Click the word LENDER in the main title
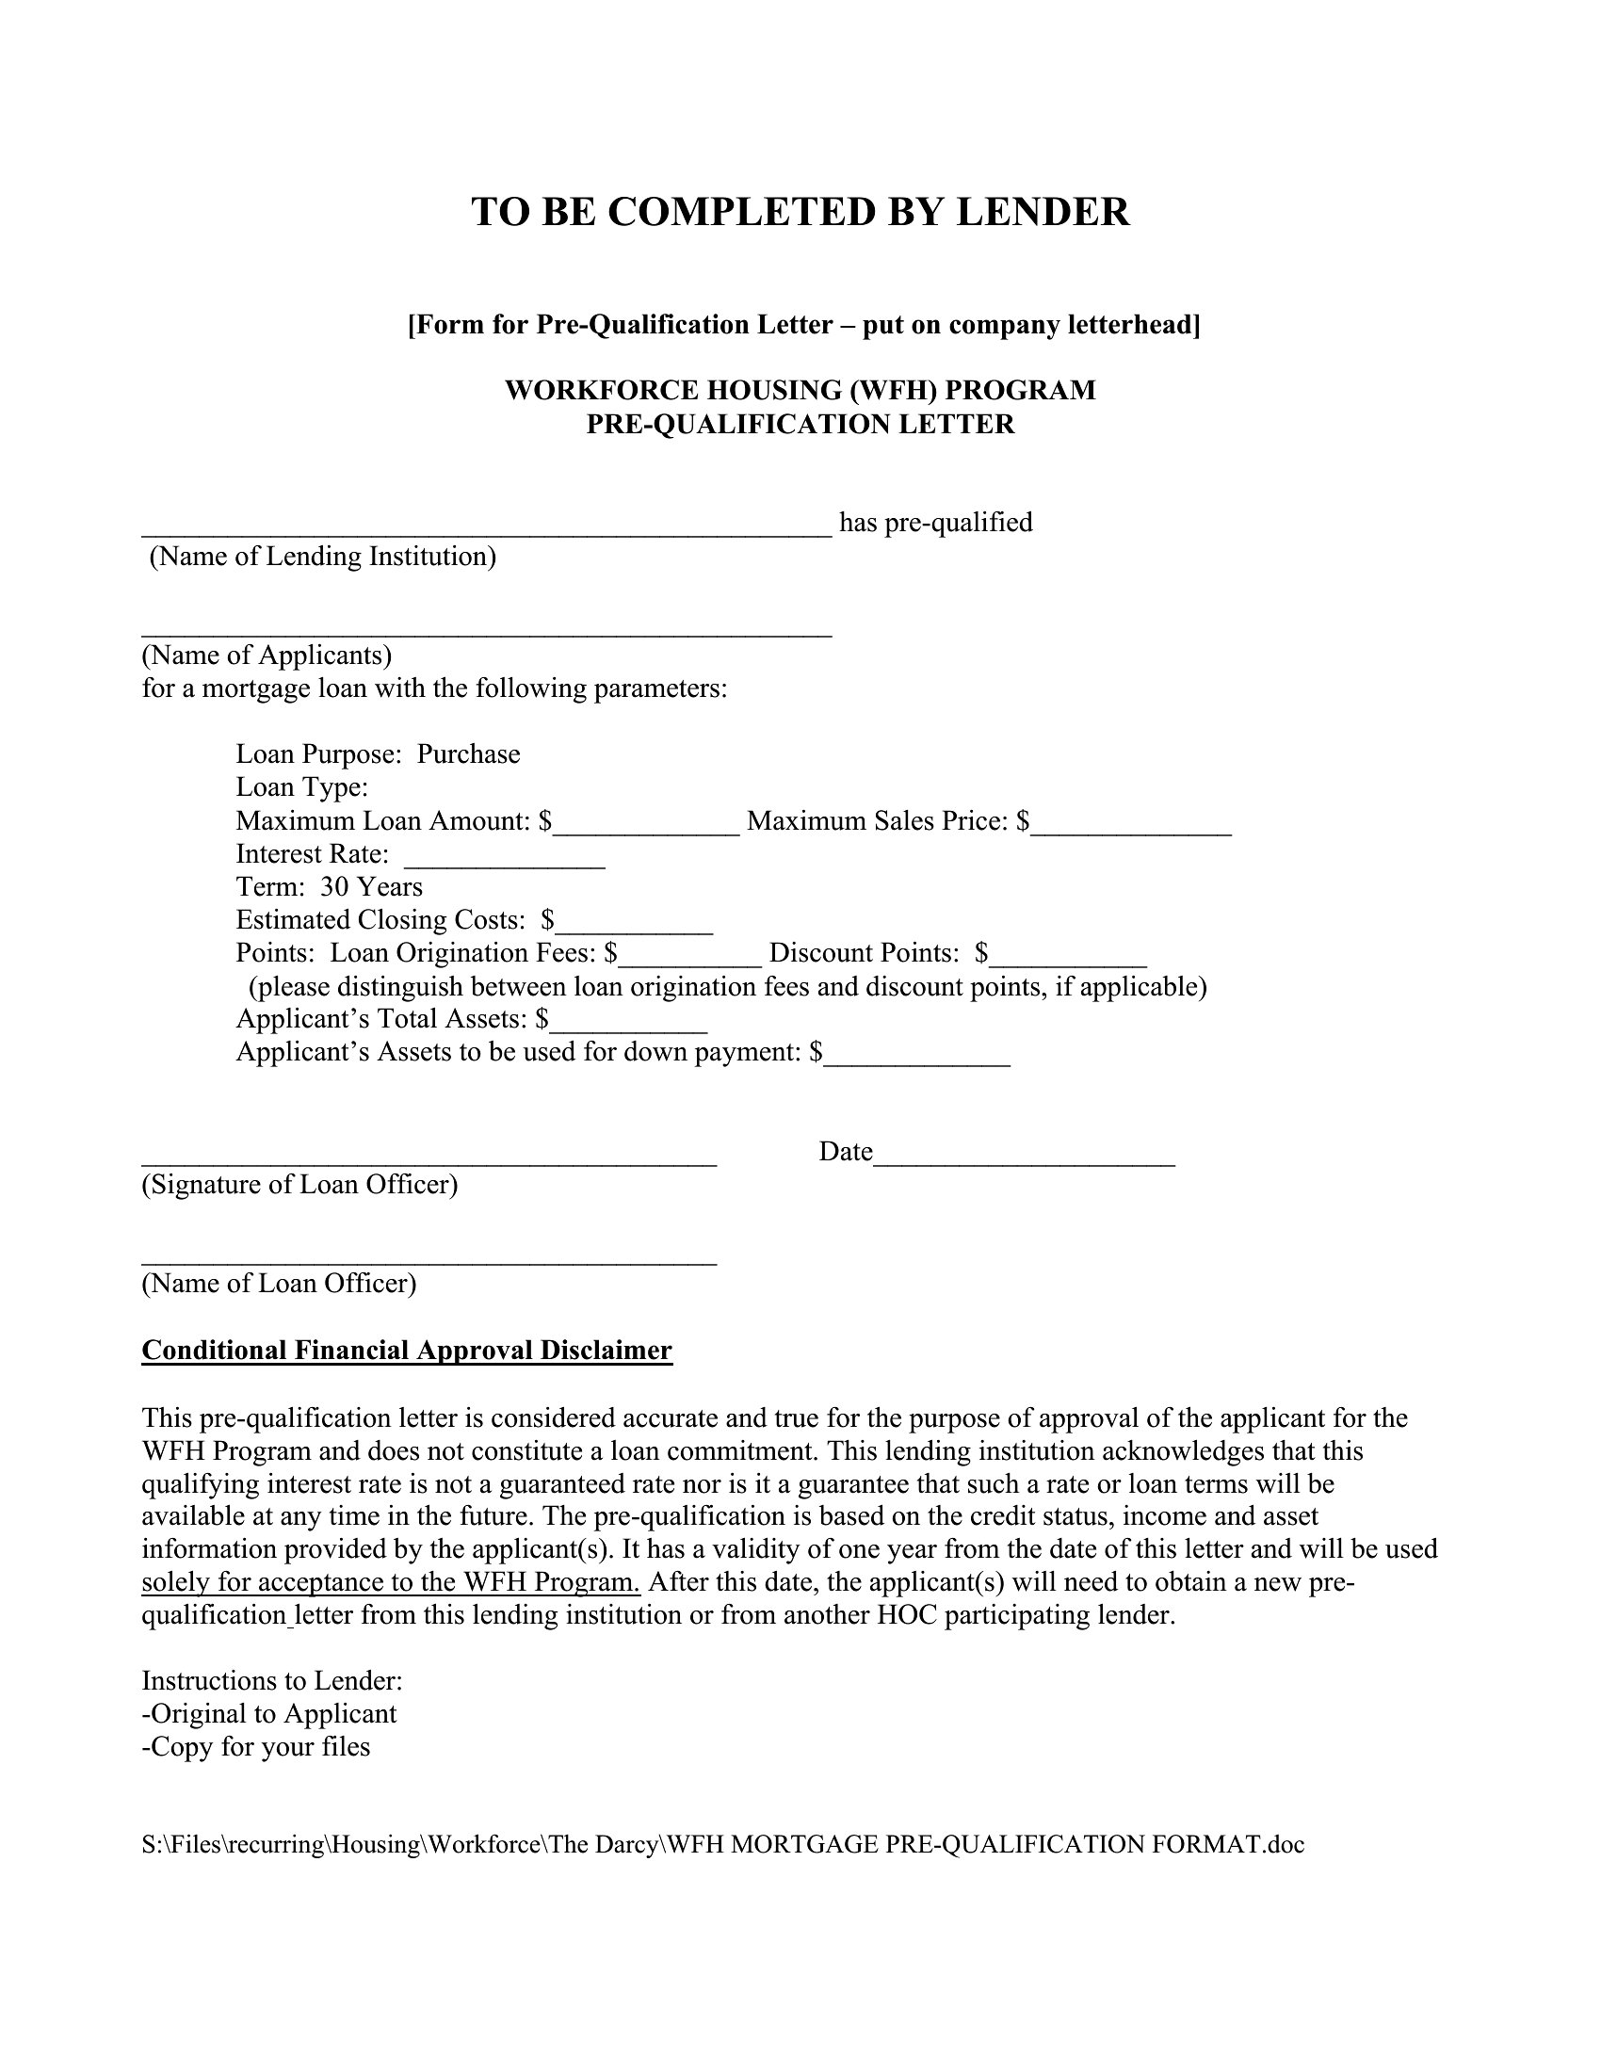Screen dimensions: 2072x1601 tap(1043, 212)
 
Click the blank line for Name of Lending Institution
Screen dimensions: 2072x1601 tap(487, 527)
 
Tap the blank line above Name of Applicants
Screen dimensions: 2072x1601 tap(487, 627)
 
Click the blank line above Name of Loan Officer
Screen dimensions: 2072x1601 tap(429, 1255)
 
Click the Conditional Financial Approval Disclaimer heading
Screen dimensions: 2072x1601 tap(407, 1350)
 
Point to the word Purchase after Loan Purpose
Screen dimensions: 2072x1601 tap(469, 754)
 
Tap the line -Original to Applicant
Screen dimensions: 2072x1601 tap(269, 1713)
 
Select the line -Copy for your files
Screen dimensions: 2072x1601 tap(256, 1746)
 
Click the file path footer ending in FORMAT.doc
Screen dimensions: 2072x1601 tap(722, 1844)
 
